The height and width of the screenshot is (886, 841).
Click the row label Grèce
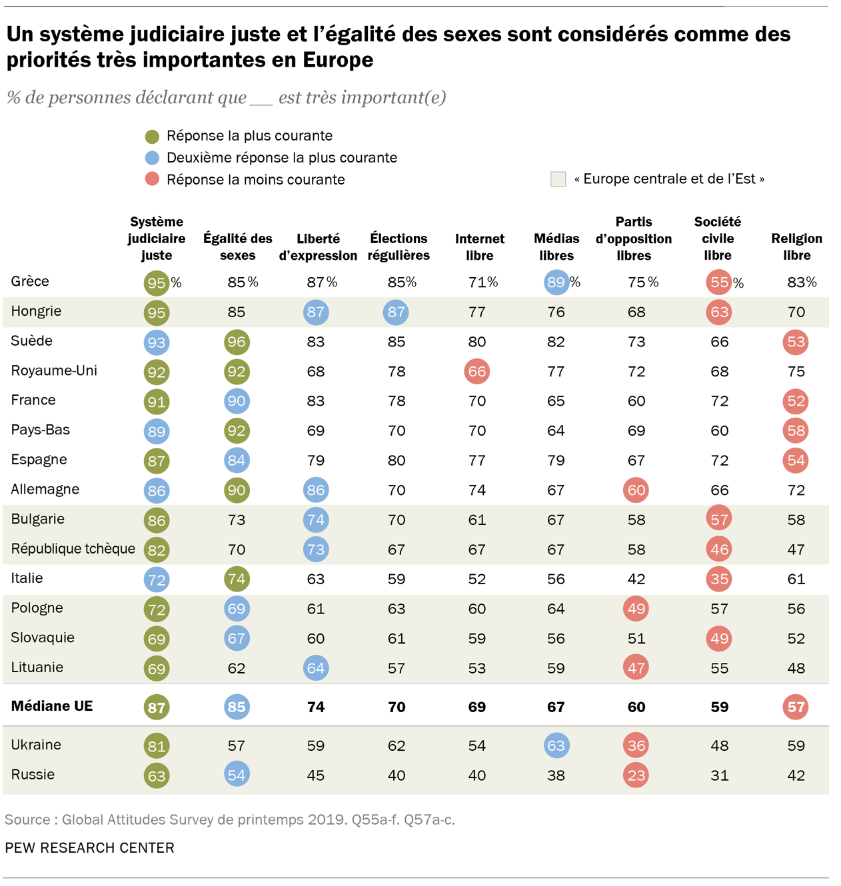click(30, 281)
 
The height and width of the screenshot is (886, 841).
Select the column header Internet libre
click(479, 247)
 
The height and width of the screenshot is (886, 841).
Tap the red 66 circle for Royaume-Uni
click(476, 371)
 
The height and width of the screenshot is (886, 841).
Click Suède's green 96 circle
click(237, 342)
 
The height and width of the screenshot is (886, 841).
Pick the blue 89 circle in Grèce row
click(556, 282)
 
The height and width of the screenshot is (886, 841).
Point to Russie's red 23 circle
click(636, 775)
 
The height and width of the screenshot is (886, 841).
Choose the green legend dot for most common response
click(152, 137)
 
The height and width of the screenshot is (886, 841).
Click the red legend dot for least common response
click(152, 179)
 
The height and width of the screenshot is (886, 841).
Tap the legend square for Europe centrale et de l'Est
click(558, 179)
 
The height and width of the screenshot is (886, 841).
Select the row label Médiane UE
click(52, 706)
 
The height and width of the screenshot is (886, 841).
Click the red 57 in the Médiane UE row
click(796, 707)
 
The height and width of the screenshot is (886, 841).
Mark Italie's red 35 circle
click(719, 579)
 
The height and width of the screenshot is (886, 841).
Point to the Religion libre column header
click(796, 247)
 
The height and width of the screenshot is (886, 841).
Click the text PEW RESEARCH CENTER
click(89, 848)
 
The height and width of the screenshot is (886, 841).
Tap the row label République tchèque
click(73, 549)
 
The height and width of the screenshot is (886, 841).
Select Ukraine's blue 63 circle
click(556, 745)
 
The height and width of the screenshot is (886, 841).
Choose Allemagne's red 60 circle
click(636, 490)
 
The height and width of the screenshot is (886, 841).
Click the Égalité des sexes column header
click(237, 247)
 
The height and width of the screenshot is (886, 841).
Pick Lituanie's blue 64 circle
click(315, 668)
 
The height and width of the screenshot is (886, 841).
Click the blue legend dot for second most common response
click(152, 158)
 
